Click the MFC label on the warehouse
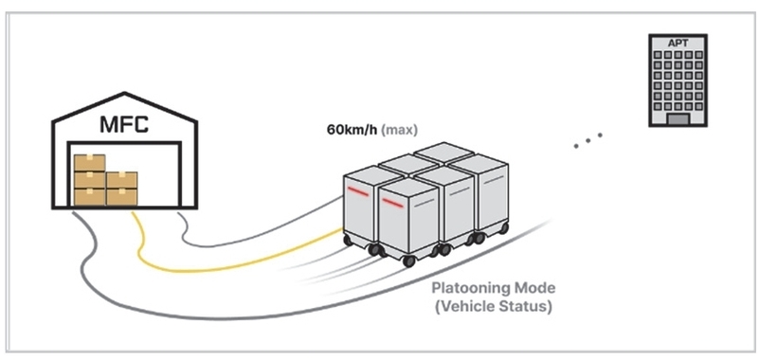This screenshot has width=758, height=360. click(124, 124)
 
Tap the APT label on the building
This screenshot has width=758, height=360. click(677, 43)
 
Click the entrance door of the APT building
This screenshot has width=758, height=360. click(677, 119)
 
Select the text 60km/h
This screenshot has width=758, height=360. click(352, 130)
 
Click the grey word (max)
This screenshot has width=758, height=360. click(399, 130)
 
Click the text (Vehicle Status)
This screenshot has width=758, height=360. click(493, 307)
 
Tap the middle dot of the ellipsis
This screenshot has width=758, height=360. click(587, 140)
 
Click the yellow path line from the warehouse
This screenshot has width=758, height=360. click(203, 267)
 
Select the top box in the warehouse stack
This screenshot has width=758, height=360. click(89, 163)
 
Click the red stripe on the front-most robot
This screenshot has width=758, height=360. click(392, 203)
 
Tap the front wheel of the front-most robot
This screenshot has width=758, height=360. click(409, 261)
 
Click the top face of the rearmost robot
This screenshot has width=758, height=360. click(443, 153)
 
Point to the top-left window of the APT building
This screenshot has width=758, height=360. click(658, 55)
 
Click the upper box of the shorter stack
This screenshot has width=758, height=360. click(122, 180)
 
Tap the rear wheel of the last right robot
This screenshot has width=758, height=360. click(504, 228)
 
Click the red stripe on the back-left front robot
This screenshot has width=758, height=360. click(358, 191)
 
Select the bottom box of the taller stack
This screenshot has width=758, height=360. click(89, 197)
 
